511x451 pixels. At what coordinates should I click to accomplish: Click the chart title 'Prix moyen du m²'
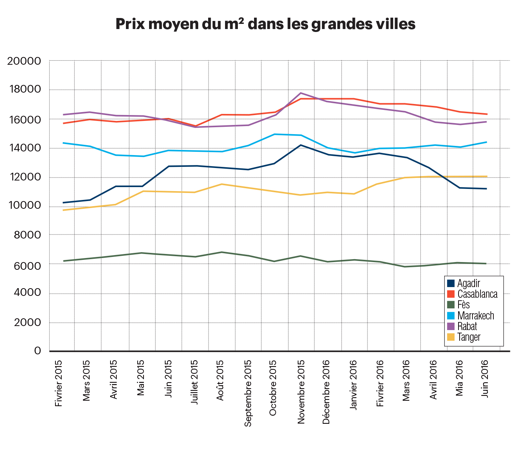pyautogui.click(x=265, y=24)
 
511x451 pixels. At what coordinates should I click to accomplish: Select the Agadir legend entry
pyautogui.click(x=469, y=284)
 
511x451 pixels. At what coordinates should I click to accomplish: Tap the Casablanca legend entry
pyautogui.click(x=477, y=294)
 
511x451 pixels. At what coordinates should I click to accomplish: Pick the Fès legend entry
pyautogui.click(x=464, y=305)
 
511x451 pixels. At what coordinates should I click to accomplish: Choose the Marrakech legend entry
pyautogui.click(x=476, y=315)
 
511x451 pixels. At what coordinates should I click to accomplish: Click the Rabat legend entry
pyautogui.click(x=467, y=326)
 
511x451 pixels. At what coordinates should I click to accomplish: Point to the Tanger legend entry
pyautogui.click(x=469, y=337)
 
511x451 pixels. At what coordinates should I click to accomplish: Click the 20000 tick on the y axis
pyautogui.click(x=24, y=61)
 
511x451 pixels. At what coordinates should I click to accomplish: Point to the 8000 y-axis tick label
pyautogui.click(x=27, y=235)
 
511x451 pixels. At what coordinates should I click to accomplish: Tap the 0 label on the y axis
pyautogui.click(x=37, y=351)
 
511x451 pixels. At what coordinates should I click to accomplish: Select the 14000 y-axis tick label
pyautogui.click(x=24, y=148)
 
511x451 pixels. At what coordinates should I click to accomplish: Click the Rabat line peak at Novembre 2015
pyautogui.click(x=301, y=93)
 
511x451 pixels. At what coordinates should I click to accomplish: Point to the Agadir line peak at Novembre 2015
pyautogui.click(x=301, y=145)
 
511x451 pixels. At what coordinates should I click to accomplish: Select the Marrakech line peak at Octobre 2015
pyautogui.click(x=275, y=134)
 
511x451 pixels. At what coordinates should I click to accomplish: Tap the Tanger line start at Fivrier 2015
pyautogui.click(x=64, y=210)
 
